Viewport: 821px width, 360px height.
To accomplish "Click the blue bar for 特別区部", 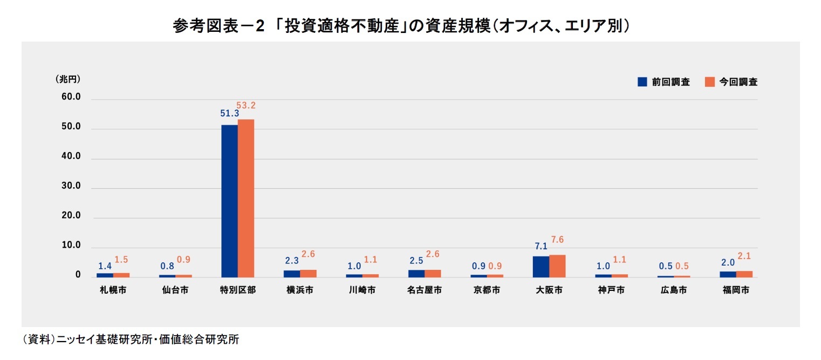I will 229,201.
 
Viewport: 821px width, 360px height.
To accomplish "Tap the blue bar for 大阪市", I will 541,267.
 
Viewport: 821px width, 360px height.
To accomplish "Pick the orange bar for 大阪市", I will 557,266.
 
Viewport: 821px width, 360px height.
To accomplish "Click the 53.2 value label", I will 245,105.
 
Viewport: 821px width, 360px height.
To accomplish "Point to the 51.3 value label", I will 229,113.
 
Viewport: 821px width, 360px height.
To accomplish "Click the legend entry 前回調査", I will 664,82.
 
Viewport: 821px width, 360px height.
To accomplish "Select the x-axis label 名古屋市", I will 425,290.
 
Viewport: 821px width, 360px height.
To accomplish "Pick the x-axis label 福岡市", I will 736,290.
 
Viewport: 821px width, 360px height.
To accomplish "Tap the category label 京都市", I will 487,290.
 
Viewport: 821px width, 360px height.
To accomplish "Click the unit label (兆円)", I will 68,79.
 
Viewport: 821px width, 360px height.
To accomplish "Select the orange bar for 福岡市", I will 744,274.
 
